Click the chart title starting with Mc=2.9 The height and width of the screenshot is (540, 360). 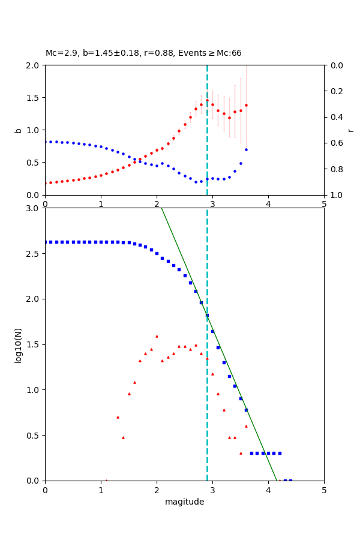(143, 53)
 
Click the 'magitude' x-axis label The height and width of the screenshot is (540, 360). (184, 502)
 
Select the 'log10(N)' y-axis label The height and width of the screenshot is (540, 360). (18, 344)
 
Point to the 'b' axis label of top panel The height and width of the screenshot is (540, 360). (18, 130)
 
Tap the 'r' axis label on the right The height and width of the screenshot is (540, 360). (350, 130)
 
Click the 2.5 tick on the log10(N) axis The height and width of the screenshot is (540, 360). (34, 254)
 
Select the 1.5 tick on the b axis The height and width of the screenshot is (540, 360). (34, 98)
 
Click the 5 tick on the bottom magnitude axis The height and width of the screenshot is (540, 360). (324, 490)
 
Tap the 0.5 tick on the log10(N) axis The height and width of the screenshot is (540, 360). (34, 436)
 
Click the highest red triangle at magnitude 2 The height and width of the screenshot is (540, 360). (157, 336)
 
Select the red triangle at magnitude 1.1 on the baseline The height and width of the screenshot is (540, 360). (106, 480)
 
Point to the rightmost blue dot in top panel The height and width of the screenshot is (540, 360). (246, 149)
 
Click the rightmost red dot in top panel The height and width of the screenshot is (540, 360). (246, 105)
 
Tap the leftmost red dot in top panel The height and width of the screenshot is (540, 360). (45, 183)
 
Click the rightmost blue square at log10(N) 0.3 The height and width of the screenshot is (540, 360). (280, 453)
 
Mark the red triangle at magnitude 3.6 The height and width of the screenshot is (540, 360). (246, 426)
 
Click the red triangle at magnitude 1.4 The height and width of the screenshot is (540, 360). (123, 437)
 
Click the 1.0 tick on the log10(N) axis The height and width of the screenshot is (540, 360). (34, 390)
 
